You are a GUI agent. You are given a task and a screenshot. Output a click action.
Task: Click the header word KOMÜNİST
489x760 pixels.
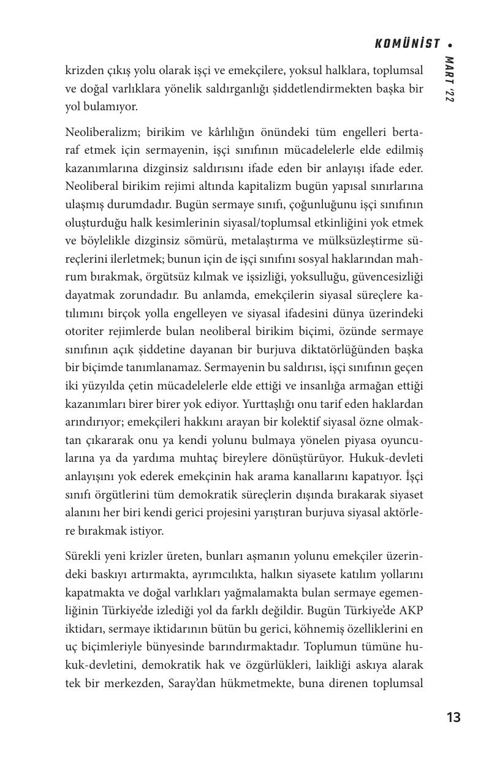[407, 44]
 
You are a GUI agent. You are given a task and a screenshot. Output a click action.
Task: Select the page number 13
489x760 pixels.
[453, 717]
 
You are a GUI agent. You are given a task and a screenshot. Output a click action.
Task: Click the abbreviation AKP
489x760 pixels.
[411, 611]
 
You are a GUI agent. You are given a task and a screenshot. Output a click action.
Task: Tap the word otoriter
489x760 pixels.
[85, 332]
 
